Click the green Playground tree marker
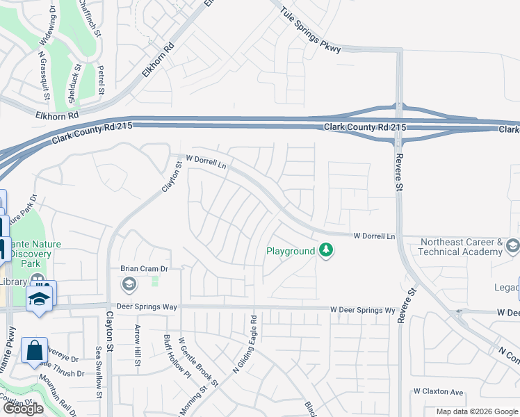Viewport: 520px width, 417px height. [325, 250]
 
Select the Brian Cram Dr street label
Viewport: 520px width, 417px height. [145, 268]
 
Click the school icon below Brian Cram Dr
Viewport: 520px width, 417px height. [129, 284]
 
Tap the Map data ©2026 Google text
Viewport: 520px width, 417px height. [477, 411]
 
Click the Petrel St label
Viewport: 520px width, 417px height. [101, 80]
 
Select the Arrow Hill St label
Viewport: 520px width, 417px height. [138, 345]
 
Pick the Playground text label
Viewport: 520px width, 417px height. [291, 251]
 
